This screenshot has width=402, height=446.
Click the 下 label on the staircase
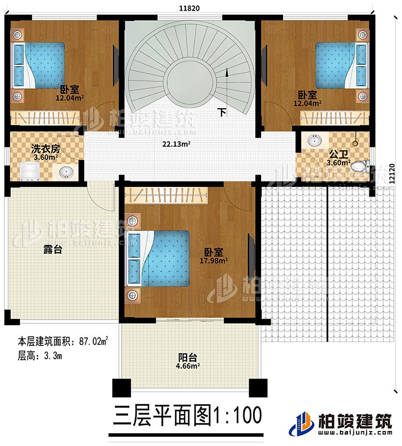pos(221,112)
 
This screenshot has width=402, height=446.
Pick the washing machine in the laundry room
pos(29,171)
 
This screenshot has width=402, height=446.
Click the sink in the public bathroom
pos(314,141)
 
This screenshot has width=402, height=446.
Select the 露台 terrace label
pos(53,249)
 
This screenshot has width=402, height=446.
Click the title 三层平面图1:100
pos(187,415)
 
